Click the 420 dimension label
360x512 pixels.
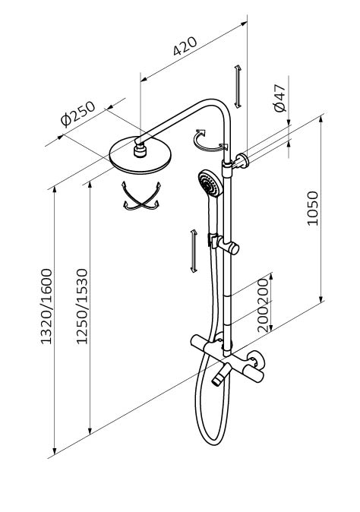point(185,46)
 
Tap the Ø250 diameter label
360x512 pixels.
point(78,113)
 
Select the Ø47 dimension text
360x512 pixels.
point(280,98)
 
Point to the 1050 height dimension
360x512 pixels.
point(312,208)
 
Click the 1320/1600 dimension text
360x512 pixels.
point(46,306)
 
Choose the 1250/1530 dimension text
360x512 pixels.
point(82,306)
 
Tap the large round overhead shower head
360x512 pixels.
point(141,156)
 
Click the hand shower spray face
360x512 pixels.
point(208,184)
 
